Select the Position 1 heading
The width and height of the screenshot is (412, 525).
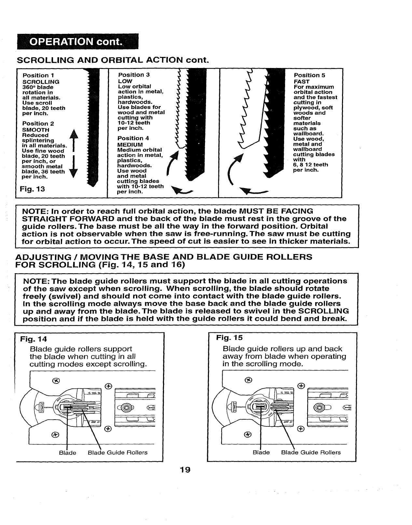[35, 75]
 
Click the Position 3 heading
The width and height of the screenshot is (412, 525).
[133, 75]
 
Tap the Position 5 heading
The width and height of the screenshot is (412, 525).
[309, 75]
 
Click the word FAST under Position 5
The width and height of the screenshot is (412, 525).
[301, 81]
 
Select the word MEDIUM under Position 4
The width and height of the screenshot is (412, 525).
[130, 144]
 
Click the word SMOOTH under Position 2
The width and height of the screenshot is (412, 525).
[35, 130]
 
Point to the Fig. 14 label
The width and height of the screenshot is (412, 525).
[34, 339]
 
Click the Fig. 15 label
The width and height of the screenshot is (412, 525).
[229, 338]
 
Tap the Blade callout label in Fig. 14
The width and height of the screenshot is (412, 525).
[67, 452]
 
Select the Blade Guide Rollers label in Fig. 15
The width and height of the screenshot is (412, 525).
[311, 452]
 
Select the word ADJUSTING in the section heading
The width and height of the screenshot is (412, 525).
[43, 257]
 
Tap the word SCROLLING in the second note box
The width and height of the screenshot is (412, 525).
[324, 311]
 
